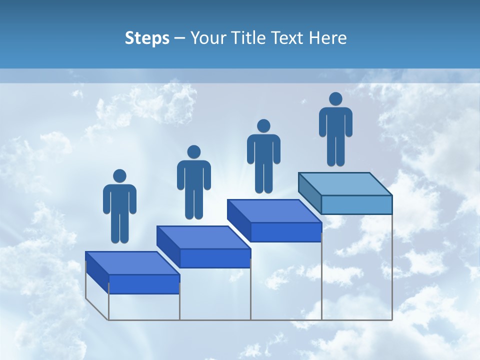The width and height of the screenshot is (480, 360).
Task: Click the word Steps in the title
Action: (x=147, y=38)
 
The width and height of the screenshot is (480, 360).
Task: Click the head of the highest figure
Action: (x=335, y=99)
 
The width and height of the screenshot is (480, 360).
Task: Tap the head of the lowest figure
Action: (x=119, y=176)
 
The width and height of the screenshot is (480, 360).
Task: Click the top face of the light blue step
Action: (x=345, y=184)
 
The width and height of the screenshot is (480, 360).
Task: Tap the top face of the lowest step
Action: (x=132, y=263)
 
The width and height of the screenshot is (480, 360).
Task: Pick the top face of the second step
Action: (x=203, y=237)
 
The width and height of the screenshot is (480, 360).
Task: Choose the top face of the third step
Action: (x=274, y=211)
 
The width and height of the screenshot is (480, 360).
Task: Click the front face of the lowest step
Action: (x=144, y=284)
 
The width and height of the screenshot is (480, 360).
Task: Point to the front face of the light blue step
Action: (x=356, y=204)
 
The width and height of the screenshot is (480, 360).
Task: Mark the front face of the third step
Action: (x=285, y=232)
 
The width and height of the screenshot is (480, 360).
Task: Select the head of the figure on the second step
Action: (x=193, y=152)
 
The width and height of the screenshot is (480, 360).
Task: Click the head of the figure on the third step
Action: (x=263, y=125)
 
